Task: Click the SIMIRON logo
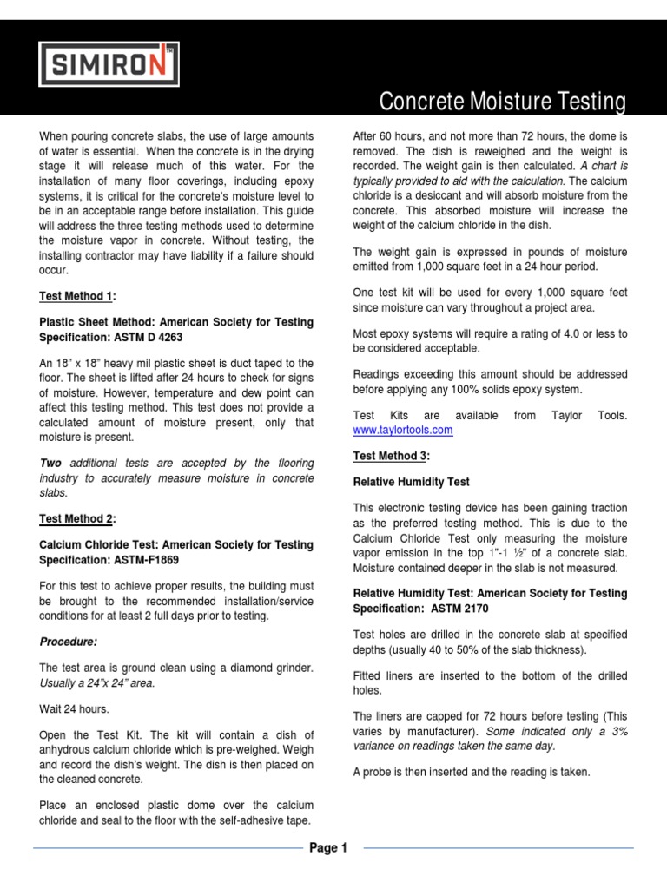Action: click(x=109, y=63)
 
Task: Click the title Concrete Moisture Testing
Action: click(x=503, y=102)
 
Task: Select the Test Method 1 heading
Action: click(x=77, y=297)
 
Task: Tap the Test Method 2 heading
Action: click(x=77, y=519)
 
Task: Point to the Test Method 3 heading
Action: click(x=391, y=456)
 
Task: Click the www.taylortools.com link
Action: click(x=403, y=430)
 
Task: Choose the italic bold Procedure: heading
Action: click(x=69, y=642)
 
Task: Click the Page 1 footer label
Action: click(x=328, y=848)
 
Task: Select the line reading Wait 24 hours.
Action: click(x=75, y=709)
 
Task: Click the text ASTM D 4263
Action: click(x=143, y=336)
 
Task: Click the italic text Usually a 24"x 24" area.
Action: click(x=97, y=682)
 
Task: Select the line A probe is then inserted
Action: click(x=472, y=771)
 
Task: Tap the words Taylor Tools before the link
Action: click(x=589, y=416)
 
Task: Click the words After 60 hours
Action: click(x=387, y=136)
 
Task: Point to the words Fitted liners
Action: click(x=382, y=675)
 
